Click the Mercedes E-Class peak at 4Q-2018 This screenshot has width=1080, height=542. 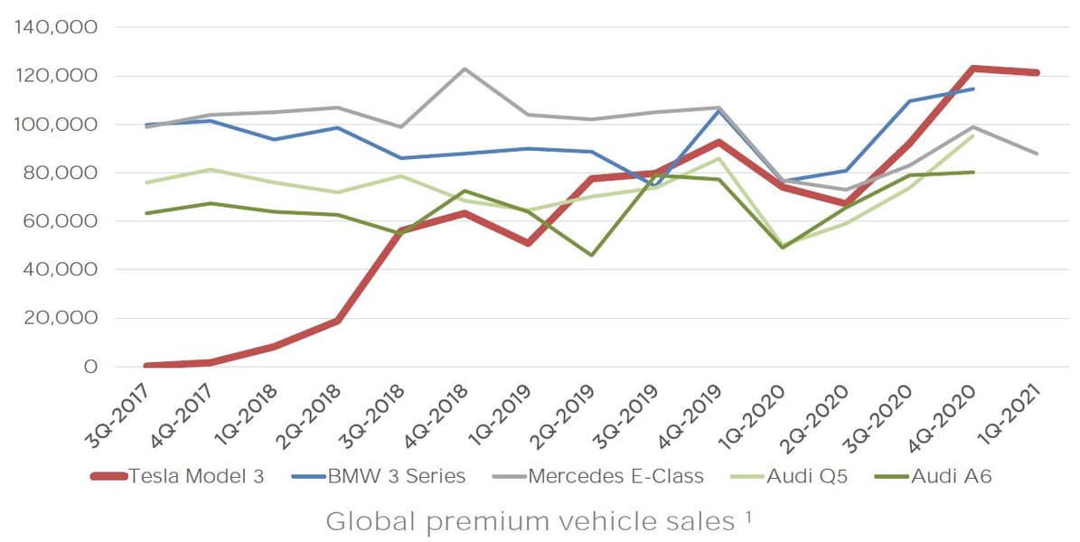coord(465,69)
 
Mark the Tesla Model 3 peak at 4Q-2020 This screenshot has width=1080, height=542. coord(973,68)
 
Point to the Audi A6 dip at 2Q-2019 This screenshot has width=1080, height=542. coord(592,255)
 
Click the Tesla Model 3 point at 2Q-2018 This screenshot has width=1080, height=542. coord(338,321)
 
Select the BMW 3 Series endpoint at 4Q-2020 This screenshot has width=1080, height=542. coord(973,89)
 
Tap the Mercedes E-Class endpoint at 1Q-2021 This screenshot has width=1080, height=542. coord(1037,154)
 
